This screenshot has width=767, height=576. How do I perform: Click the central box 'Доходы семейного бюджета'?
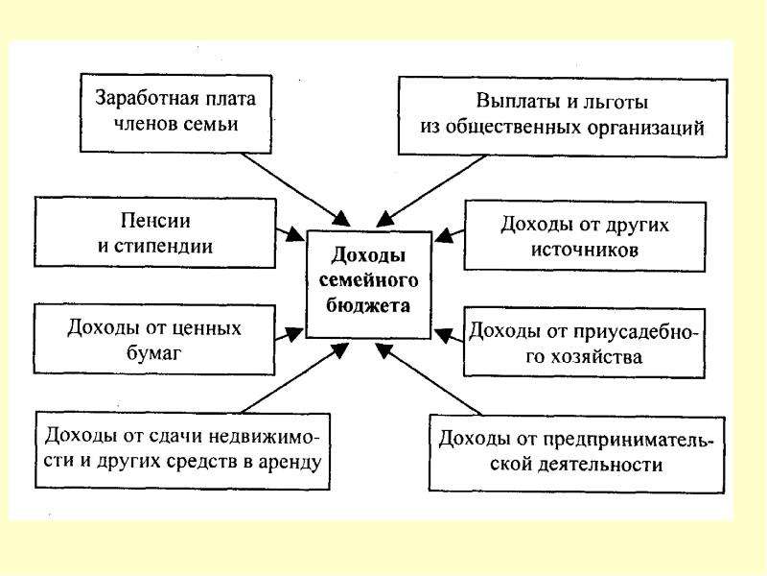click(x=368, y=284)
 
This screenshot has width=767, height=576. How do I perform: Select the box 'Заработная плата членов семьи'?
click(x=175, y=113)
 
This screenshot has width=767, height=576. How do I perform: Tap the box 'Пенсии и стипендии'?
click(x=155, y=232)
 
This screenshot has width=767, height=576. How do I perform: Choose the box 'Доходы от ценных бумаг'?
click(x=154, y=340)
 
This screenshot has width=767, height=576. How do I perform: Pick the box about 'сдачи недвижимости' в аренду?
click(x=182, y=450)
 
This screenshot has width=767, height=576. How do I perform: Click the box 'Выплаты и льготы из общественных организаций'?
click(x=563, y=116)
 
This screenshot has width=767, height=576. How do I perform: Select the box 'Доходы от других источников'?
click(x=585, y=236)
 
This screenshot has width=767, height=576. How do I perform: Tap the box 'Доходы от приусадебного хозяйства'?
click(x=584, y=343)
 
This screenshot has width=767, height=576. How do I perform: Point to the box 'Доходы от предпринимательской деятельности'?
click(x=577, y=453)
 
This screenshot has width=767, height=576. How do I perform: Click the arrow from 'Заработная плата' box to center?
click(x=296, y=189)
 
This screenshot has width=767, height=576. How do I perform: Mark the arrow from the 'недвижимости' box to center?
click(x=295, y=377)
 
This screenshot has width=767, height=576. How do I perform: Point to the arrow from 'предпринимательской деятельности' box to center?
click(x=429, y=379)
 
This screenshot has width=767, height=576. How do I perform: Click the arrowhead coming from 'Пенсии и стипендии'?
click(x=296, y=234)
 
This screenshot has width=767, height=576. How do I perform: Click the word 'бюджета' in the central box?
click(x=368, y=306)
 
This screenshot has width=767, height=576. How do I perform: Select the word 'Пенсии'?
click(x=155, y=221)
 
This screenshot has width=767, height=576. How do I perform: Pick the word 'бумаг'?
click(x=153, y=352)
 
